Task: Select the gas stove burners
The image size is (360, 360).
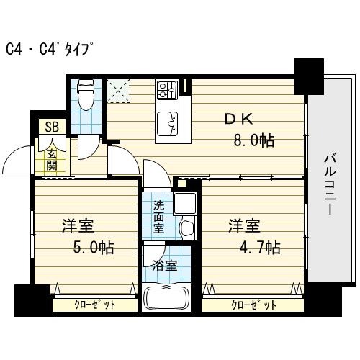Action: coord(167,90)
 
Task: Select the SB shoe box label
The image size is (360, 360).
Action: coord(53,127)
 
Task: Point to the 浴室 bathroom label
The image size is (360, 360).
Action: coord(164,265)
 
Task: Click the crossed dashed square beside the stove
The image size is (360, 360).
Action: coord(117,91)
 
